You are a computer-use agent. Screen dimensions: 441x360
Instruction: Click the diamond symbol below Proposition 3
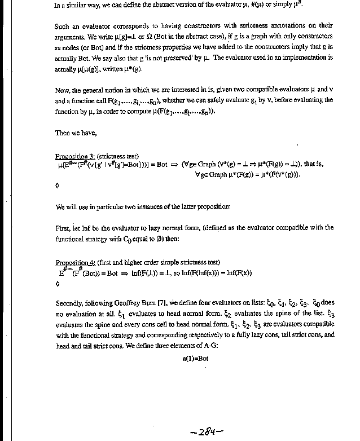tap(57, 184)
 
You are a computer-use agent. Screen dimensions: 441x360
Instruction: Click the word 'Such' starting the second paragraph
tap(63, 26)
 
